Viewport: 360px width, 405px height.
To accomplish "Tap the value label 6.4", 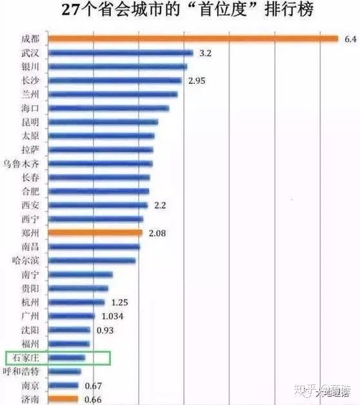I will click(350, 39).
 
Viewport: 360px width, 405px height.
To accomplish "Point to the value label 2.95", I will click(196, 81).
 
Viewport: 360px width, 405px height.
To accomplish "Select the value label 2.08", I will click(157, 232).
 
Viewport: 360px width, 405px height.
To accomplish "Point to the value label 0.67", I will click(94, 386).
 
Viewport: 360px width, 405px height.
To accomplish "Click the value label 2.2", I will click(160, 205).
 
